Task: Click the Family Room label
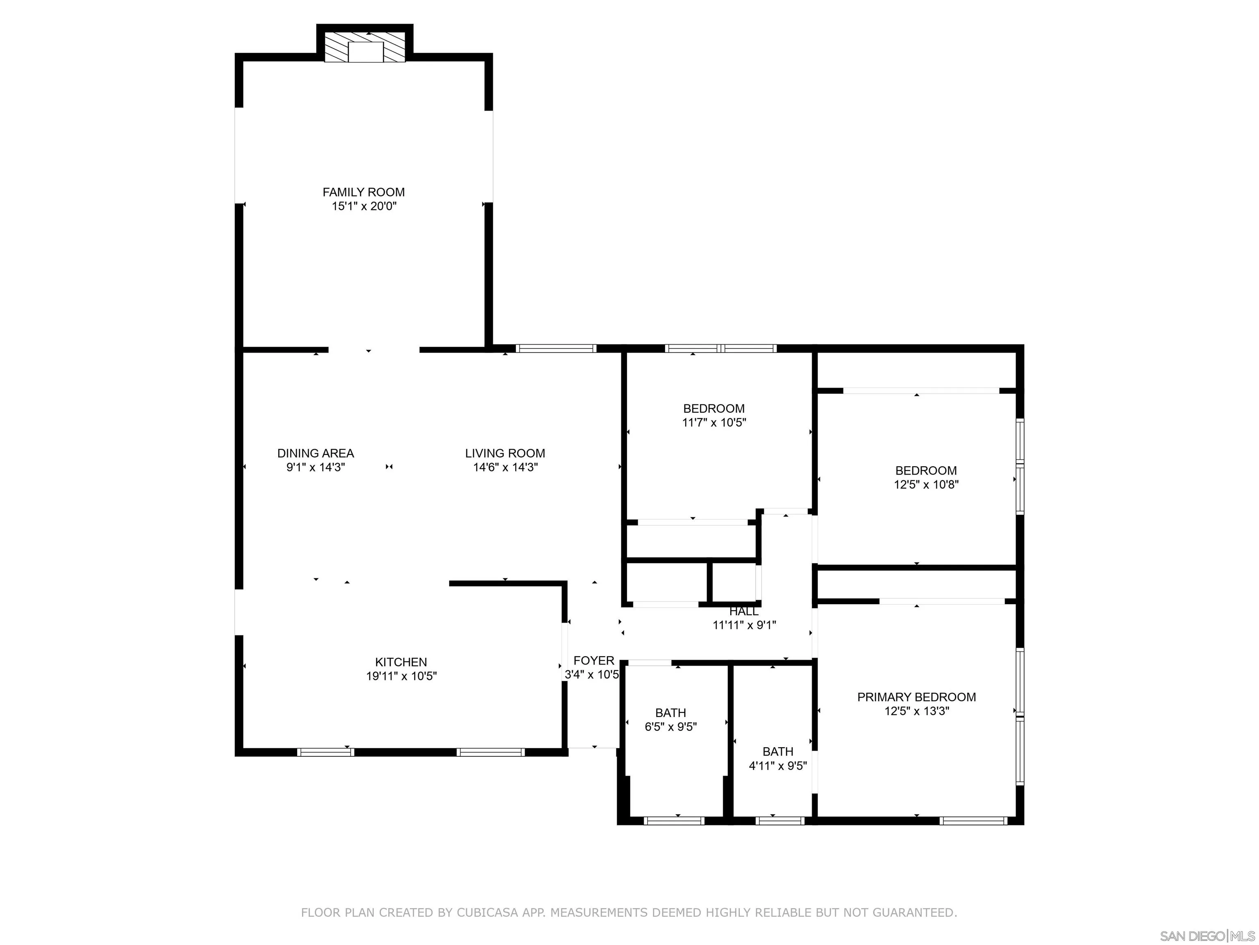coord(364,192)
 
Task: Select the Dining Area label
coord(316,453)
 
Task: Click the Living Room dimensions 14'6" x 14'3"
coord(505,468)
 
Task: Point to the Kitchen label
coord(401,662)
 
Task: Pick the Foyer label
coord(594,661)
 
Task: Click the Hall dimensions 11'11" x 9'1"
coord(745,625)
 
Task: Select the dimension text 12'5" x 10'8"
coord(927,485)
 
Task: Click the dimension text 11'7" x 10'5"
coord(714,422)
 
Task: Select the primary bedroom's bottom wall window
coord(974,821)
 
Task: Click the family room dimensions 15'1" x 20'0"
coord(364,206)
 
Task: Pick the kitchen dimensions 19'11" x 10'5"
coord(402,676)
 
